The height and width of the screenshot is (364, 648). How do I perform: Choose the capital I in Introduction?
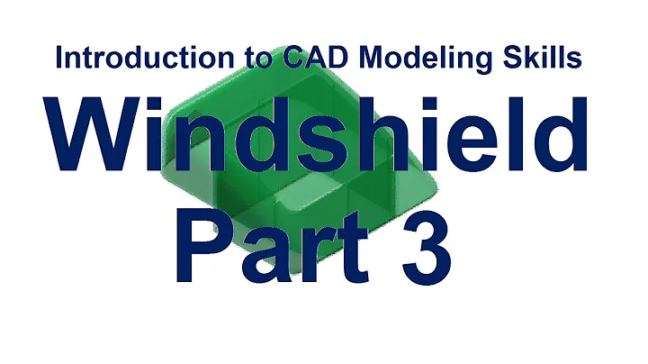click(x=58, y=58)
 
